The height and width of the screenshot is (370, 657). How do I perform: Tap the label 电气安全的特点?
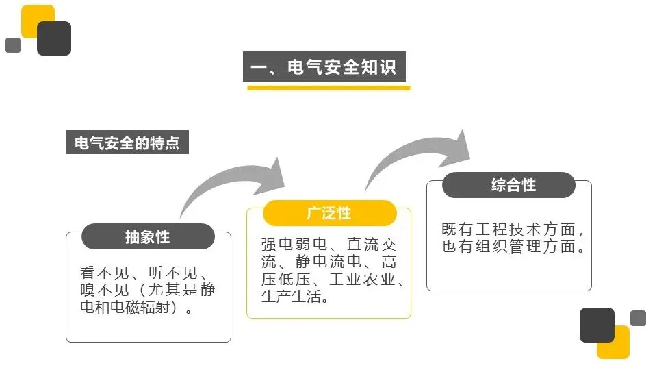click(x=127, y=143)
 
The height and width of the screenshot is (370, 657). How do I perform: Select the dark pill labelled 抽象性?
click(x=148, y=236)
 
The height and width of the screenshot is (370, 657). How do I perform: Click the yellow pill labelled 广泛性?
click(x=329, y=213)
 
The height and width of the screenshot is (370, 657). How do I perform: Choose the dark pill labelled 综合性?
click(x=508, y=185)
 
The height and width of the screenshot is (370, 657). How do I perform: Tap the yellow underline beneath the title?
click(x=328, y=88)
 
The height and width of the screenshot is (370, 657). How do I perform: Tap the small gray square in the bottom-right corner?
click(x=638, y=318)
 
